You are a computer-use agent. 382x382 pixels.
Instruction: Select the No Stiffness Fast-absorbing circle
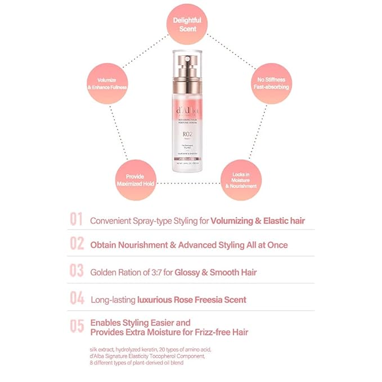(x=269, y=83)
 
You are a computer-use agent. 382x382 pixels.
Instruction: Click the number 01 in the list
(x=77, y=220)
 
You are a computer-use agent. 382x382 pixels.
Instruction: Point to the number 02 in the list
(x=77, y=245)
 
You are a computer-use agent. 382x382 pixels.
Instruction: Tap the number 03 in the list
(x=77, y=271)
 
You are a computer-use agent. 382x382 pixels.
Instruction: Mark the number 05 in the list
(x=77, y=327)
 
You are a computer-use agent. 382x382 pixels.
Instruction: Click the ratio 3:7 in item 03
(x=154, y=272)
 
